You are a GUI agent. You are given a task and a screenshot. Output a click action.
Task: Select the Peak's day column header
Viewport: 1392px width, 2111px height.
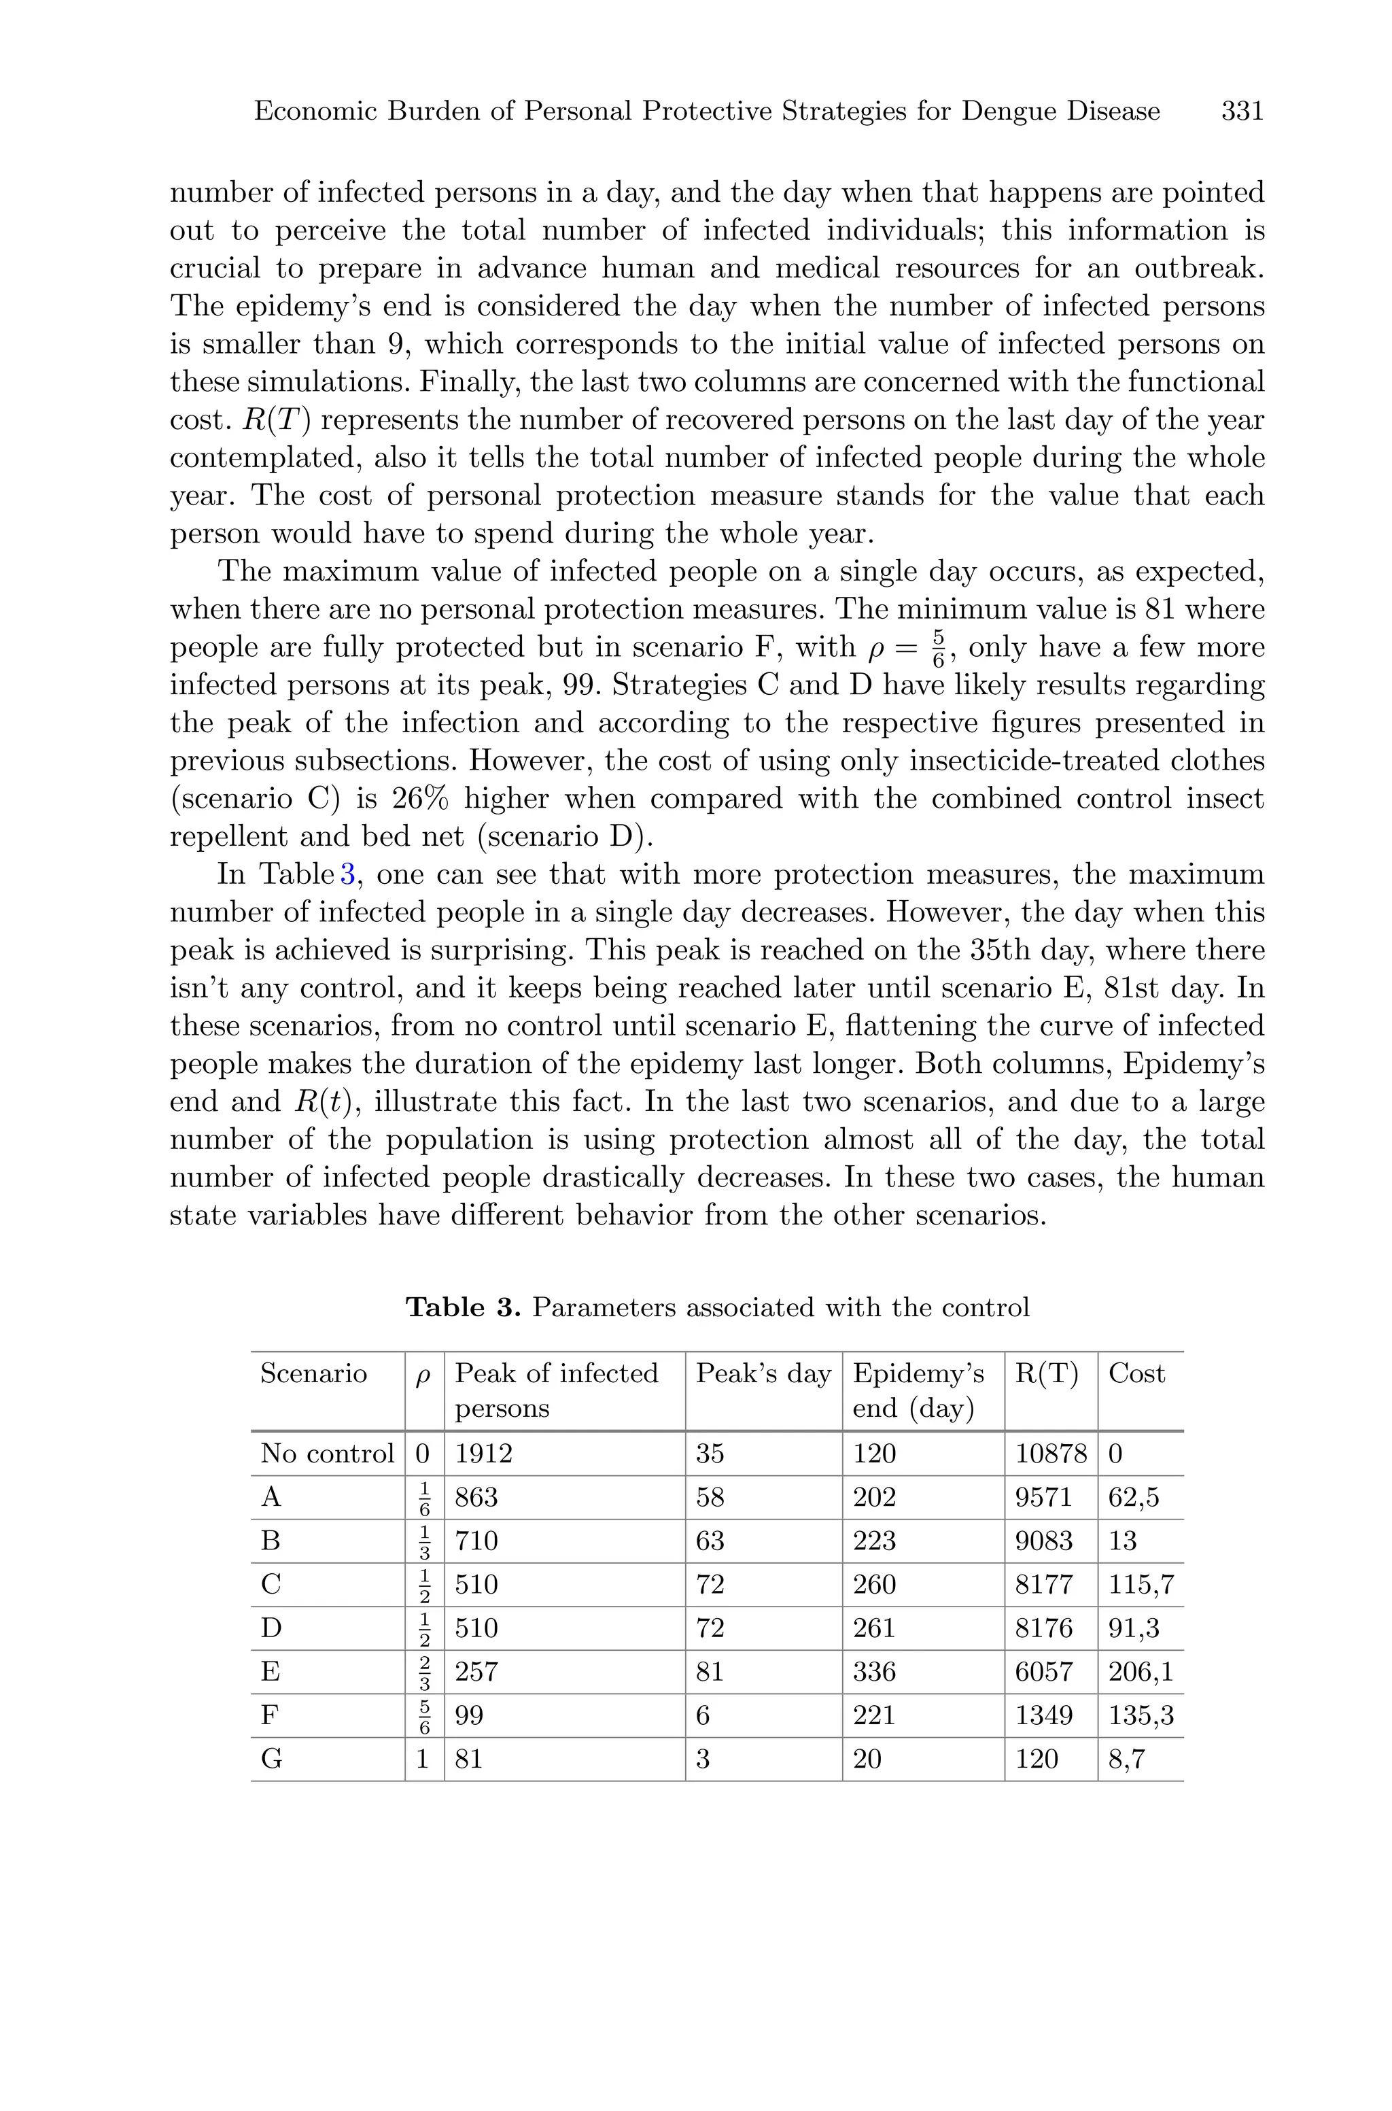tap(763, 1373)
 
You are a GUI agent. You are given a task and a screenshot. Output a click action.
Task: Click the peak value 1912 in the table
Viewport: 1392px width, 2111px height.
tap(484, 1453)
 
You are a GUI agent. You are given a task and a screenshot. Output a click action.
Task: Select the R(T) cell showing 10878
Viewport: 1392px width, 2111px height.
tap(1050, 1453)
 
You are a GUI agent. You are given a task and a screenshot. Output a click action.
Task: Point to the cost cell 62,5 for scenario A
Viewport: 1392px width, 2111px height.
tap(1133, 1498)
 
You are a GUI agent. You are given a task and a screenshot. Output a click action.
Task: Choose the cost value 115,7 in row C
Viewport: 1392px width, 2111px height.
tap(1141, 1585)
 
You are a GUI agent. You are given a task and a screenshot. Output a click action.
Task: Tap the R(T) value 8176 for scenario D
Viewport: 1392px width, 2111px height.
tap(1043, 1628)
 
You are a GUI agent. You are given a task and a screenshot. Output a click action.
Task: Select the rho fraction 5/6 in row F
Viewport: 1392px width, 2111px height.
tap(424, 1715)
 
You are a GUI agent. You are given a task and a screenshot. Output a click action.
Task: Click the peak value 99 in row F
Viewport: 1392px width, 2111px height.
tap(469, 1715)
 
